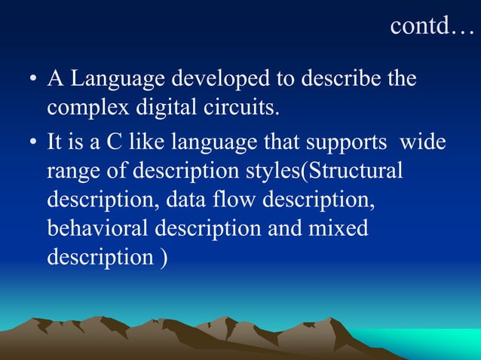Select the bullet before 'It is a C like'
(32, 143)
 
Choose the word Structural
(353, 170)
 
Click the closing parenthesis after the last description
(164, 257)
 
